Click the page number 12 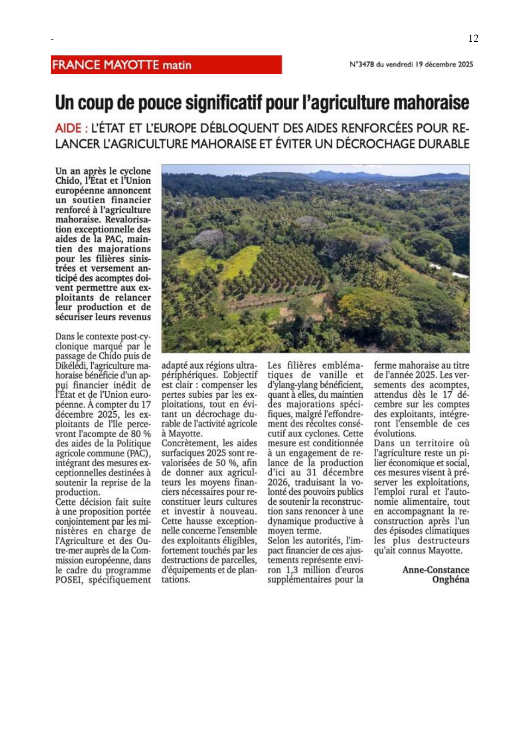click(x=473, y=38)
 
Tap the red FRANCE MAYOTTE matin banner click(x=166, y=65)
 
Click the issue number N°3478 click(x=362, y=65)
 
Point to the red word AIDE click(x=68, y=128)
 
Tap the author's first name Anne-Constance click(x=436, y=570)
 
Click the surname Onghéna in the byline click(x=451, y=580)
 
